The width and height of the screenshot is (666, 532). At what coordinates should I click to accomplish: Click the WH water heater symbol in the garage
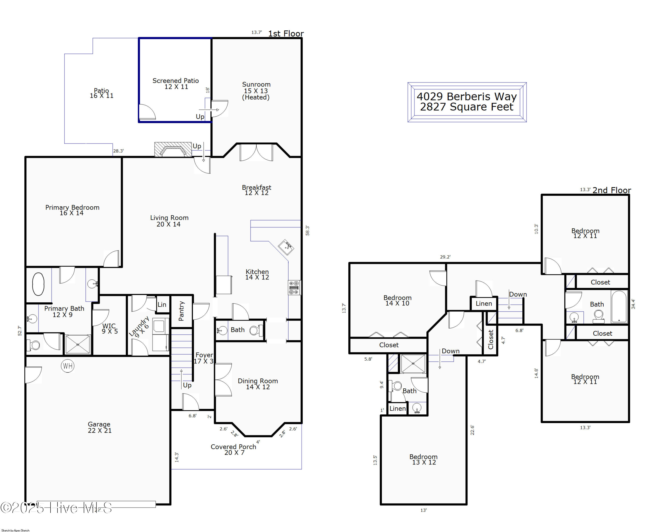click(68, 366)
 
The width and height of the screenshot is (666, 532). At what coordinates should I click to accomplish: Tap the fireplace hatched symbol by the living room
click(173, 149)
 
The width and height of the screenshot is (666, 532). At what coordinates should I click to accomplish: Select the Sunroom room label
click(256, 84)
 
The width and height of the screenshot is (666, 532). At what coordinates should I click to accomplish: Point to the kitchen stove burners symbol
click(294, 288)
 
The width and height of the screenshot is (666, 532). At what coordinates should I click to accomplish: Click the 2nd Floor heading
click(611, 190)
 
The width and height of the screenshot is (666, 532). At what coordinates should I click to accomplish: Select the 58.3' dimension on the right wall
click(307, 231)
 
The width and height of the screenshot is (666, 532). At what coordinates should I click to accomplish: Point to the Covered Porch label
click(233, 447)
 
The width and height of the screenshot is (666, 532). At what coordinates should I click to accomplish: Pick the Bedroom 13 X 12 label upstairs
click(424, 459)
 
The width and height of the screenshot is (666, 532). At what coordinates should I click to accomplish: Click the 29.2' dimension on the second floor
click(445, 257)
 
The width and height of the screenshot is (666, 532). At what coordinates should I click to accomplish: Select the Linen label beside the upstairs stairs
click(484, 304)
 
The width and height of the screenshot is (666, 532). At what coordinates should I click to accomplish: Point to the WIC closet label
click(109, 326)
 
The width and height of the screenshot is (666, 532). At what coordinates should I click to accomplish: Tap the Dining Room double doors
click(223, 380)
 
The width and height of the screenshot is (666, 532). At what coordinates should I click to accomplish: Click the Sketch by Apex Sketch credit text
click(16, 530)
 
